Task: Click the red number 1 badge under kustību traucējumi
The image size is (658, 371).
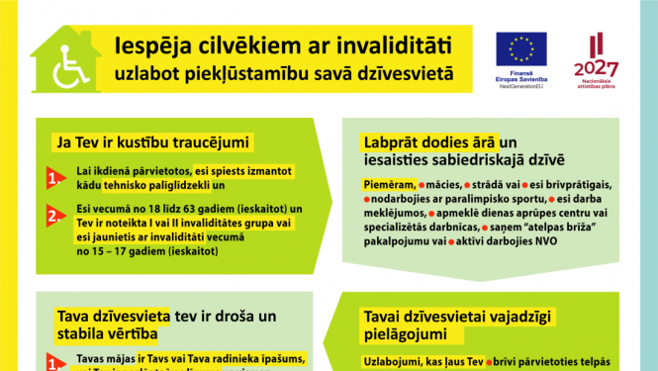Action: [53, 179]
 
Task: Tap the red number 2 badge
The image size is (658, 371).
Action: [53, 217]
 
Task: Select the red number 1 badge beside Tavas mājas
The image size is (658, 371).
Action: [53, 362]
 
